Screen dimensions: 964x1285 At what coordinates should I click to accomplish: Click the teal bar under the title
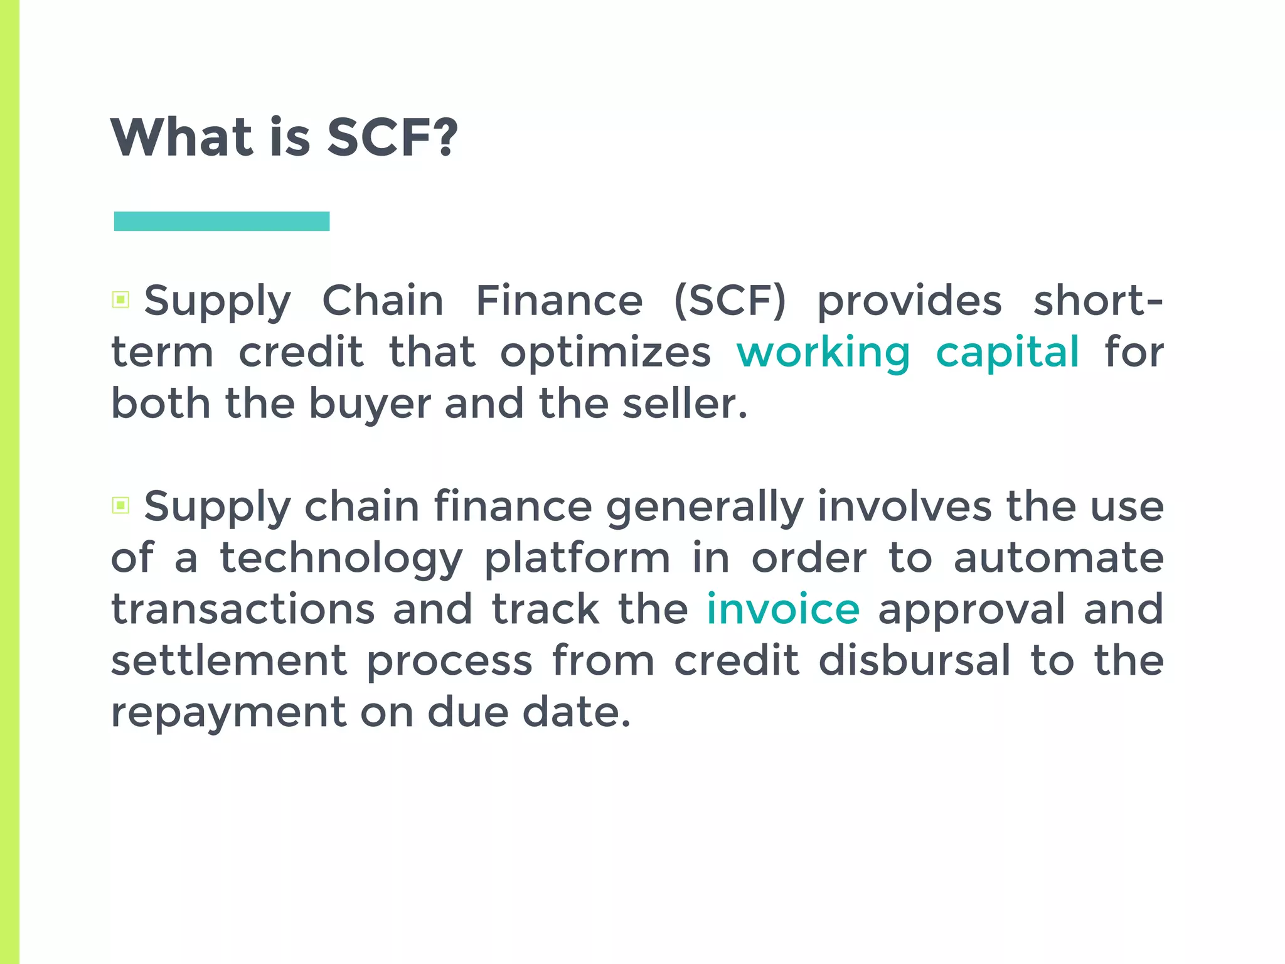pos(221,221)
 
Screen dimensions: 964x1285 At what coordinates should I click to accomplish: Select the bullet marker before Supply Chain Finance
pos(120,299)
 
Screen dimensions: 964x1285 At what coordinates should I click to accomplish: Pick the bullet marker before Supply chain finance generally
pos(120,505)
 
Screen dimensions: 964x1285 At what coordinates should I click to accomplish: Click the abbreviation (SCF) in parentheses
pos(730,301)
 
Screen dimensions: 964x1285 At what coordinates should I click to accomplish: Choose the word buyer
pos(370,405)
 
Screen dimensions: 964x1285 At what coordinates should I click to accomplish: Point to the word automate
pos(1058,558)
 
